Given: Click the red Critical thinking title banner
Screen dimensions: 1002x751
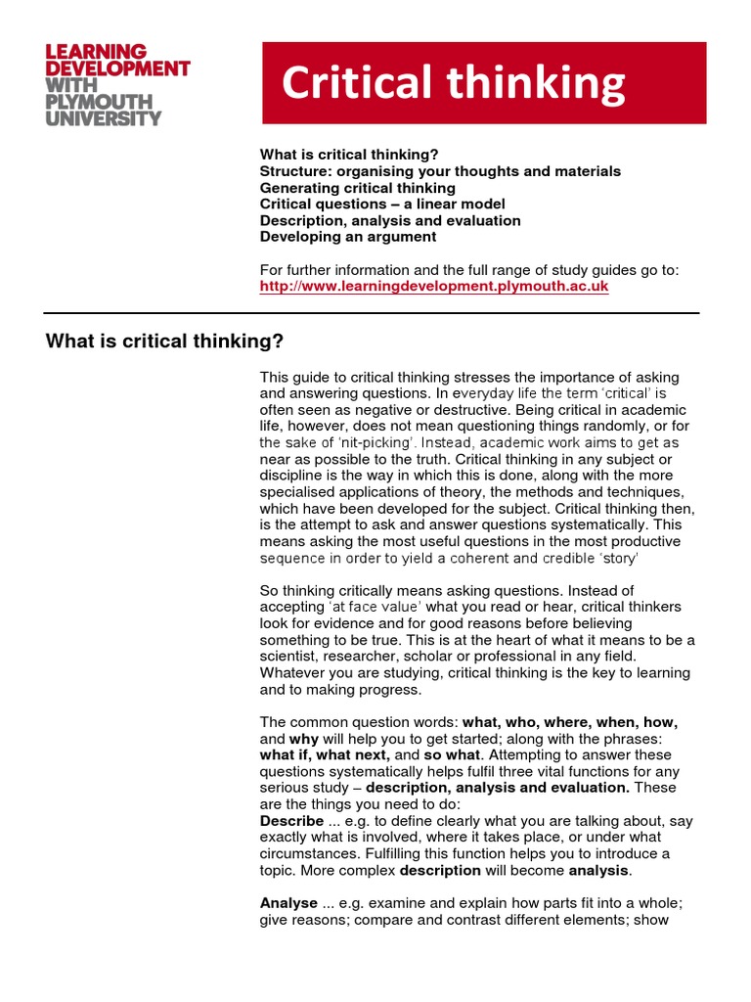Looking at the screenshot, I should [483, 83].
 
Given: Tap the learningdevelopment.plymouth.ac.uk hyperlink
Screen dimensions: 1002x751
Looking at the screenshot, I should [433, 287].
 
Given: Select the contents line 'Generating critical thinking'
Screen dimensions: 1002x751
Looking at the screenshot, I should [357, 188].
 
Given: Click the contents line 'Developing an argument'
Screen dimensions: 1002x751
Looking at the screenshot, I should [347, 237].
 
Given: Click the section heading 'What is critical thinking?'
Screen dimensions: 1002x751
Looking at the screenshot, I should [164, 342].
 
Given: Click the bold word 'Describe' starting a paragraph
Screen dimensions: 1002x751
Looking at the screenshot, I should [291, 821].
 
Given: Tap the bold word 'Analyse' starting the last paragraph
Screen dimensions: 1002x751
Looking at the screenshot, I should [288, 903].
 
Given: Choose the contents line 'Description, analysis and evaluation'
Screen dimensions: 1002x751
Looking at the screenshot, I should [389, 220].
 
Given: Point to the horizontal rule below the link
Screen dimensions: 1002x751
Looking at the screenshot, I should [372, 313].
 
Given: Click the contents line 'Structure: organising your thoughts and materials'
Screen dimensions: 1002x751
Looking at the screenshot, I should [439, 171].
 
